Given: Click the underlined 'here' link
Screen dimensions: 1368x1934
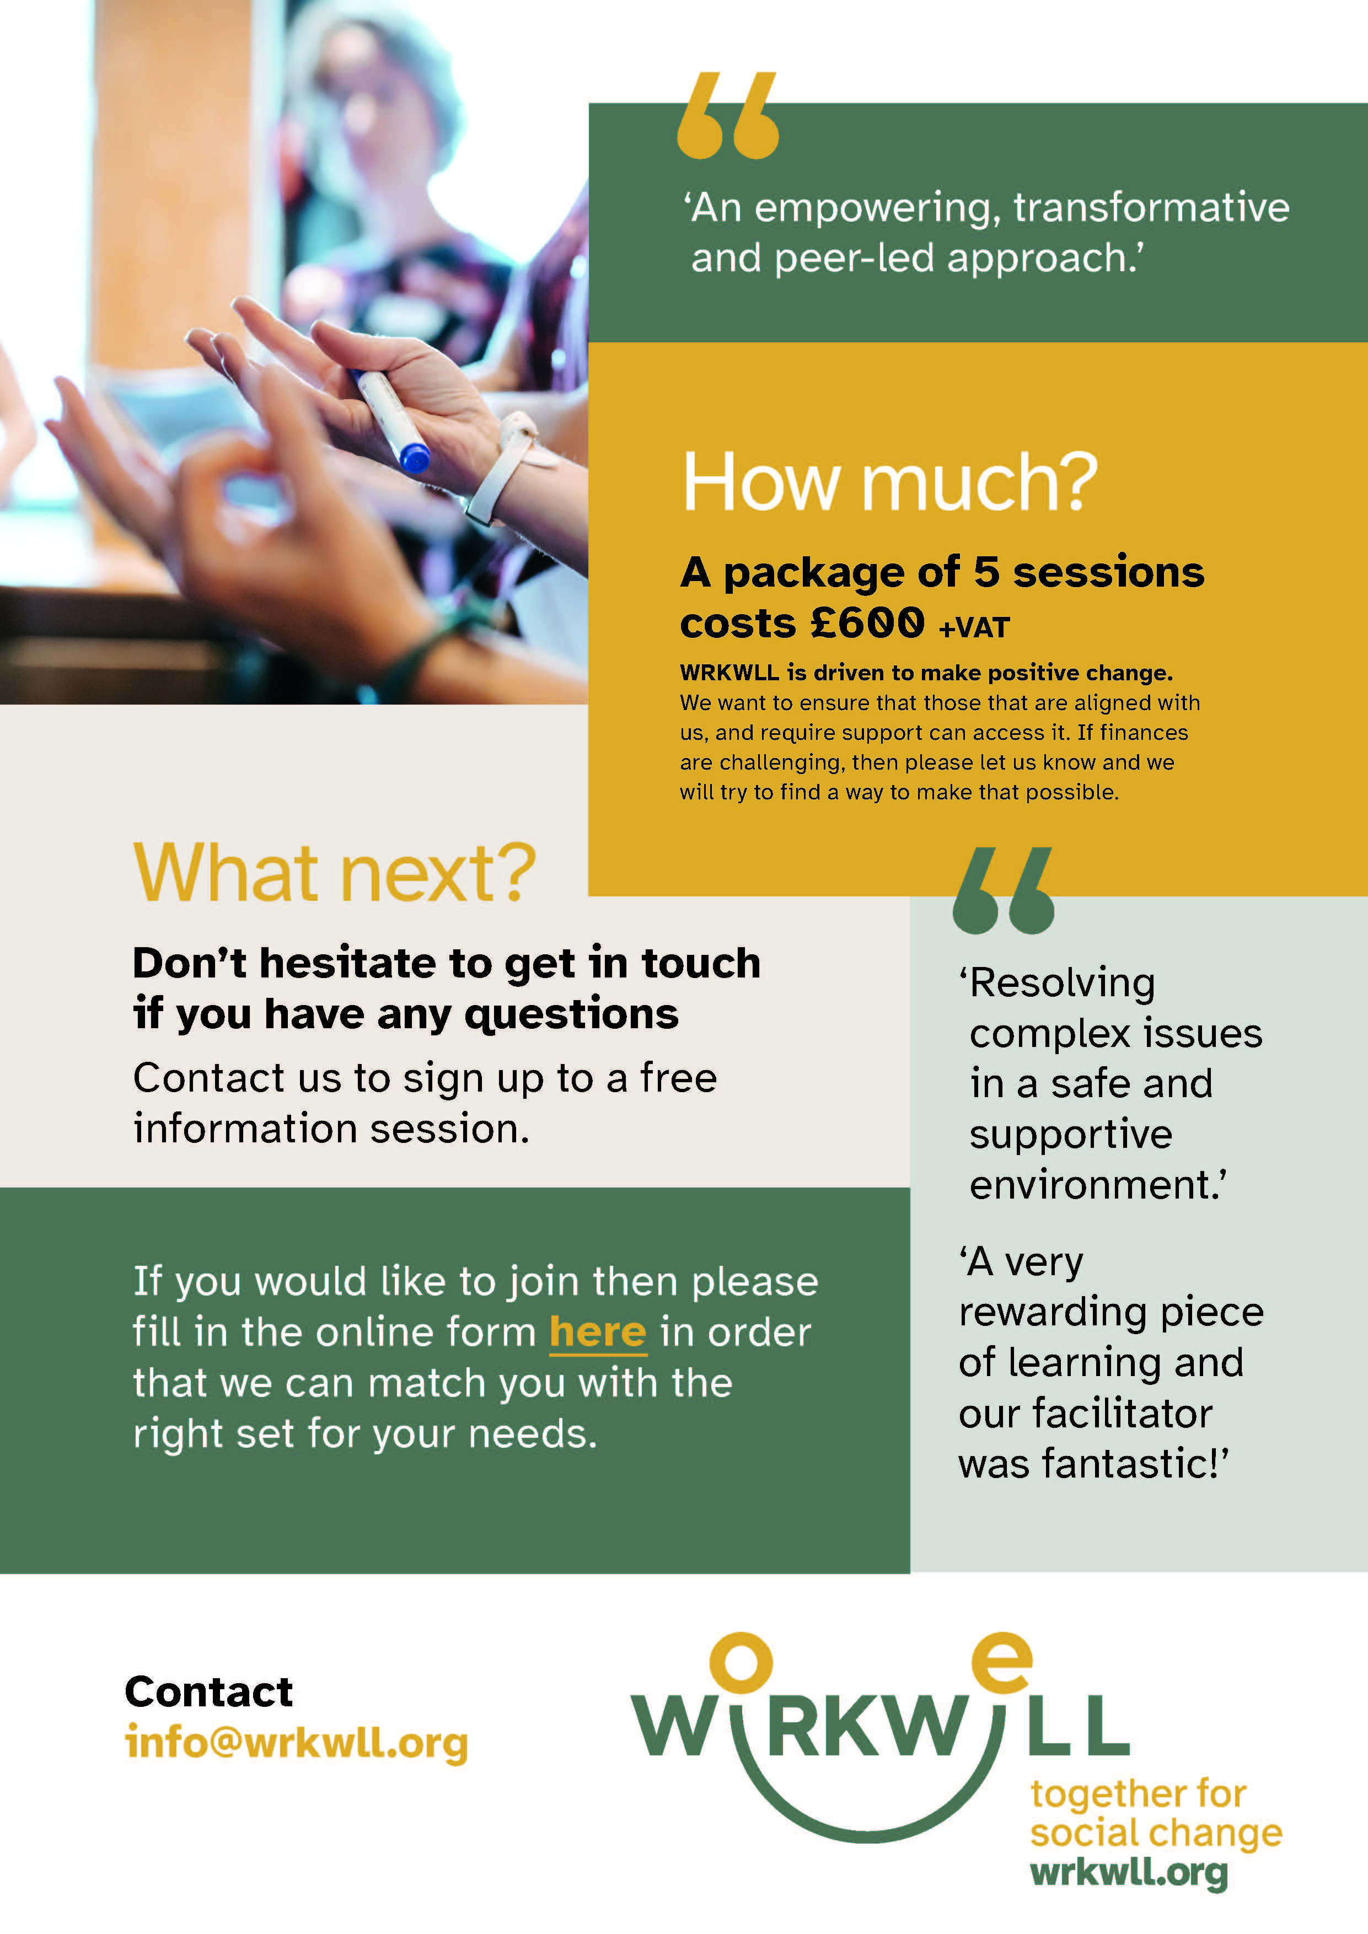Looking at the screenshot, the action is click(x=598, y=1332).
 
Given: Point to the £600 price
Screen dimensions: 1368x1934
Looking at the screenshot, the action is click(x=868, y=624).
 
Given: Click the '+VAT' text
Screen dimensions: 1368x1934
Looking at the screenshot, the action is click(x=975, y=627).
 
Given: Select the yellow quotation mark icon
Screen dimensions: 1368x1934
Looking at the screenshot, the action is click(x=728, y=115).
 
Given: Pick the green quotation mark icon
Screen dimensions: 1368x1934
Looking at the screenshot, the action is click(x=1004, y=890).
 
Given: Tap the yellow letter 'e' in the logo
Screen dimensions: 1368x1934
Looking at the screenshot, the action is click(x=1001, y=1662).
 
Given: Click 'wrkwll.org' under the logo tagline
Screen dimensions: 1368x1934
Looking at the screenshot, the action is click(x=1129, y=1872).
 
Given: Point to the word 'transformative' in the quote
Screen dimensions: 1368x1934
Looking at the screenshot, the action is click(x=1151, y=207).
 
